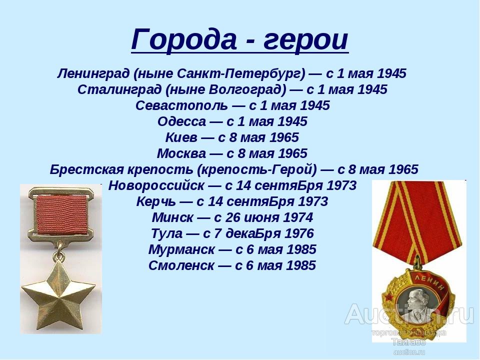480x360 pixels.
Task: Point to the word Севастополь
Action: coord(182,105)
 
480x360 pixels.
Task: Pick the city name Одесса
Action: coord(182,121)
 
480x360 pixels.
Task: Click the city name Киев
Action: coord(181,137)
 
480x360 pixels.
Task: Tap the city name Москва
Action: coord(181,153)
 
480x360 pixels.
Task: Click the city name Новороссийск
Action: coord(156,185)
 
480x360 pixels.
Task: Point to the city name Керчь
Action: coord(156,201)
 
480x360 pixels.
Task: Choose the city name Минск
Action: coord(172,217)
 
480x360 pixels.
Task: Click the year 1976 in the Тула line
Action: coord(299,233)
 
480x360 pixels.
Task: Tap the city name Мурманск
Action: coord(181,249)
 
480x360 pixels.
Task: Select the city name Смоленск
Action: coord(181,265)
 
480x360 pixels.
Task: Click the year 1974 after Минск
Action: coord(298,217)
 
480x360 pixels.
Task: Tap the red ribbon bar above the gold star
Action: coord(61,214)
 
